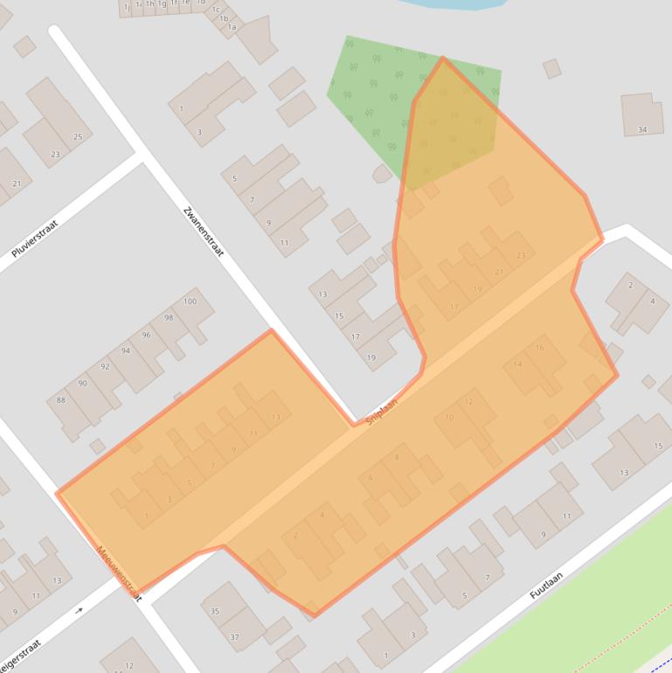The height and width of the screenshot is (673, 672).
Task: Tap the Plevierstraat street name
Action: click(x=34, y=239)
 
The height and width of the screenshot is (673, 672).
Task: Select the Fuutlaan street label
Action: click(x=546, y=585)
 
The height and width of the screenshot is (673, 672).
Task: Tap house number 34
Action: click(x=642, y=129)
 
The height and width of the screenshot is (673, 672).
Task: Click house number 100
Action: click(x=190, y=302)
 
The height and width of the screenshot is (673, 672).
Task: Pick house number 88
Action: click(x=60, y=400)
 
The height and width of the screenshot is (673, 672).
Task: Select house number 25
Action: click(x=78, y=137)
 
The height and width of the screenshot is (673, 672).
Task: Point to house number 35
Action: click(x=215, y=611)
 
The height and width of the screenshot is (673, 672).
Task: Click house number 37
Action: click(x=234, y=637)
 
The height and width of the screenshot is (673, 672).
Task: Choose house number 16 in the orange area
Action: click(x=539, y=348)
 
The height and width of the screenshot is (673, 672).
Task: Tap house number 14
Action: click(x=518, y=364)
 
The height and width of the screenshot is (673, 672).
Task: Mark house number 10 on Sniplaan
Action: click(x=449, y=418)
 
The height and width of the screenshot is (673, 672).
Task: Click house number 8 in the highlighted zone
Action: click(x=397, y=458)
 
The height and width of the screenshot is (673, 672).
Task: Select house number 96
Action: click(x=146, y=335)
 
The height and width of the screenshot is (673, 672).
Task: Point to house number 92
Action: click(x=105, y=367)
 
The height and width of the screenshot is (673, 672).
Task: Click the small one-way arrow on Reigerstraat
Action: click(x=79, y=610)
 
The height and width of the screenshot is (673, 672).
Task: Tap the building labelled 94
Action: click(x=125, y=351)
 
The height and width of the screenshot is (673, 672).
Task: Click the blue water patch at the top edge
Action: click(x=454, y=3)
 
